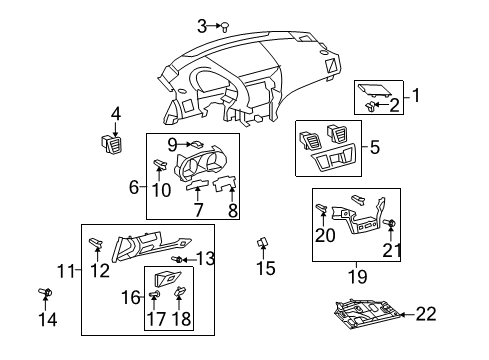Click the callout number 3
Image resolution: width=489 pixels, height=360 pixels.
[x=202, y=25]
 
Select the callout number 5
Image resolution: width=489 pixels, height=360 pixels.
[x=375, y=147]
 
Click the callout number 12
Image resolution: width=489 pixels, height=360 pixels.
[x=100, y=270]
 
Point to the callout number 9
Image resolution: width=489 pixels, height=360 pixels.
[x=173, y=144]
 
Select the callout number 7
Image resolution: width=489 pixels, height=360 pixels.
[x=199, y=210]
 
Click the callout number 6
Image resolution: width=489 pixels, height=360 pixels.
[x=134, y=186]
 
